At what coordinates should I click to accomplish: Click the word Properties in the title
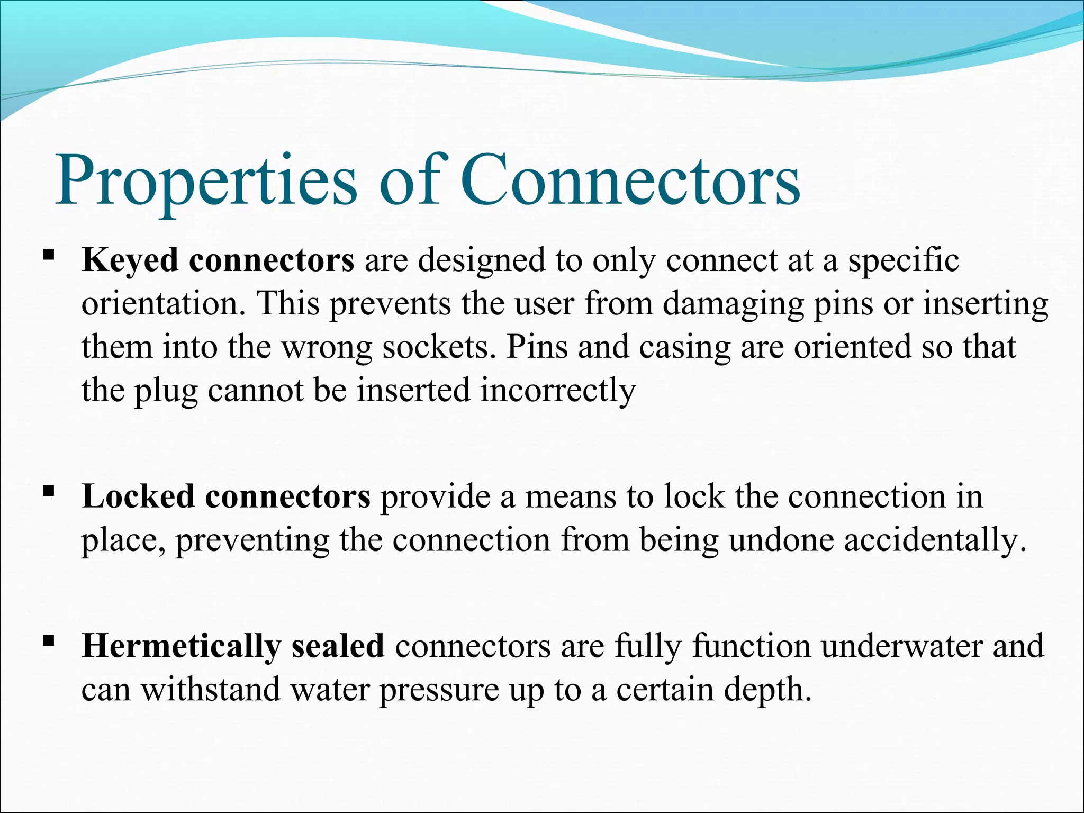tap(206, 182)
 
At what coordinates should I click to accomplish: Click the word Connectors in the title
tap(630, 182)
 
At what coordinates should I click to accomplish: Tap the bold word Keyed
tap(130, 261)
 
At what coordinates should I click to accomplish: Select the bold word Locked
tap(138, 497)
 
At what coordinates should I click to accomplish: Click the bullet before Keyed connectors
tap(49, 256)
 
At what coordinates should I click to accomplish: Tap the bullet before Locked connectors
tap(49, 492)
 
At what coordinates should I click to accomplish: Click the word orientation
tap(164, 304)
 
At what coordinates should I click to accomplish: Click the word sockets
tap(439, 348)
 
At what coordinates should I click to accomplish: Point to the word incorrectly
tap(558, 391)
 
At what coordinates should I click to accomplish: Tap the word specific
tap(904, 261)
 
